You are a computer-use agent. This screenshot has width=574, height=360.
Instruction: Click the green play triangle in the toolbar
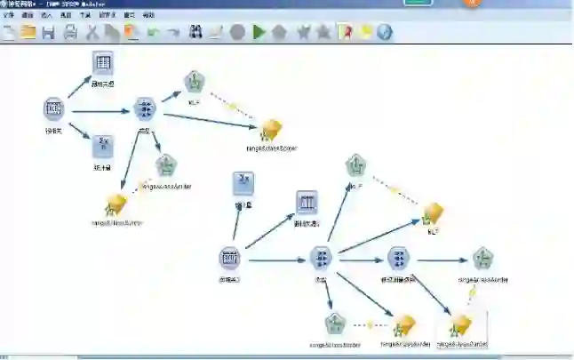click(259, 33)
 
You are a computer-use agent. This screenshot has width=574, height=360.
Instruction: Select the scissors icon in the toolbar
click(92, 33)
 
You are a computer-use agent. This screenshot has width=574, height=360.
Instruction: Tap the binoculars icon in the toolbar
click(216, 33)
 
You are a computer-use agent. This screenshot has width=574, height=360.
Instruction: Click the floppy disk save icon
click(48, 33)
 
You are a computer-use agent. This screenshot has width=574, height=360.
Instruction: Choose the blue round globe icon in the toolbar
click(384, 33)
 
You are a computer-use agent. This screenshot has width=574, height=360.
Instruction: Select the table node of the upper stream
click(103, 63)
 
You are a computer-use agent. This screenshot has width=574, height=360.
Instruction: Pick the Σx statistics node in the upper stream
click(103, 146)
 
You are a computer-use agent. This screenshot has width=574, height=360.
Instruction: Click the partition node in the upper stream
click(145, 109)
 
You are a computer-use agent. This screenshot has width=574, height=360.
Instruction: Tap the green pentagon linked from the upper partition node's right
click(194, 83)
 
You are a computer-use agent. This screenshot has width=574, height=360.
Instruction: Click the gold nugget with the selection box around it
click(460, 324)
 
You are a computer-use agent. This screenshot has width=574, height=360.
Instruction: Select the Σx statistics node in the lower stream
click(243, 183)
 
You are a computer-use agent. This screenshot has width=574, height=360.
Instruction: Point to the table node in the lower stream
click(307, 202)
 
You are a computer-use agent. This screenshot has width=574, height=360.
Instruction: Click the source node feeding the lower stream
click(229, 259)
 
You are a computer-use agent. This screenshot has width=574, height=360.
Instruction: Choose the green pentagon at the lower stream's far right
click(482, 259)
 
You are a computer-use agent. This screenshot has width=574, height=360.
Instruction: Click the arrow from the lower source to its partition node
click(275, 260)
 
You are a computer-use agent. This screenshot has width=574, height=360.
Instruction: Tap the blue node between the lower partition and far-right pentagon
click(398, 259)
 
